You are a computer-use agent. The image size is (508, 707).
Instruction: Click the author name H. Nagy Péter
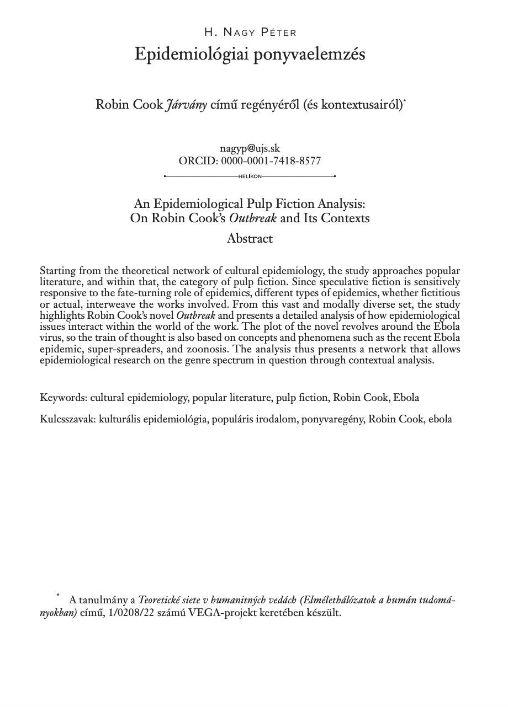pyautogui.click(x=250, y=33)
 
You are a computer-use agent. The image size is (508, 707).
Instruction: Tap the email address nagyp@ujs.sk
pyautogui.click(x=250, y=148)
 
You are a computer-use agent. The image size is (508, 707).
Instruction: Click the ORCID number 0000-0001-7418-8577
pyautogui.click(x=271, y=161)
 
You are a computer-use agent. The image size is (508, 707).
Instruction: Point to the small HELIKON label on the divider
pyautogui.click(x=250, y=176)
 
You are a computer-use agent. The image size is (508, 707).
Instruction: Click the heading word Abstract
pyautogui.click(x=250, y=239)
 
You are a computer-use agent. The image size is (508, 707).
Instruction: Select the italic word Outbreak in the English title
pyautogui.click(x=252, y=218)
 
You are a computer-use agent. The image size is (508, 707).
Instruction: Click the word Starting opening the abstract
pyautogui.click(x=58, y=271)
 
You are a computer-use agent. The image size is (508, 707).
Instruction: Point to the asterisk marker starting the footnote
pyautogui.click(x=57, y=596)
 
